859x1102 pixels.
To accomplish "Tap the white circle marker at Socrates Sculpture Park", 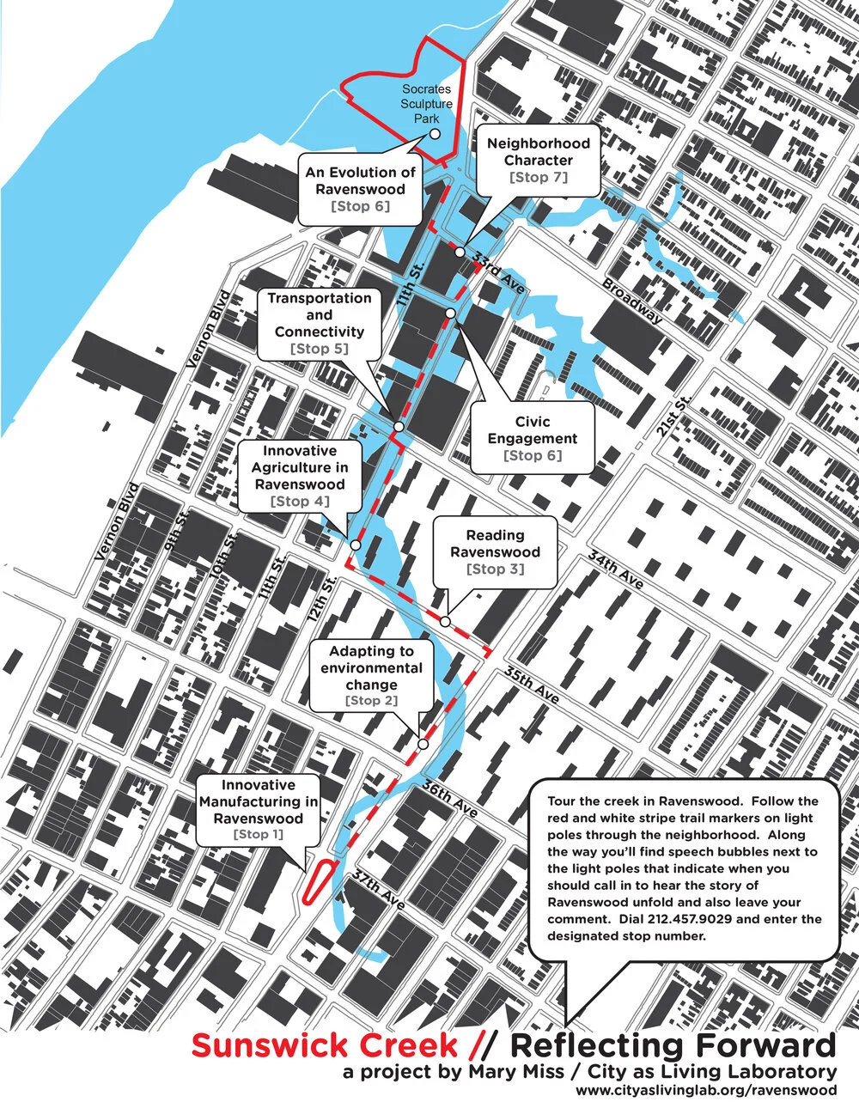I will coord(435,134).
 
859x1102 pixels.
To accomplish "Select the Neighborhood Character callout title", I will coord(539,152).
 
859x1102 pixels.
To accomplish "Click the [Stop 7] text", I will coord(539,177).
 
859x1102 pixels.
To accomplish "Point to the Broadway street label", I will coord(633,300).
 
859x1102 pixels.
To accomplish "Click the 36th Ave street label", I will coord(449,799).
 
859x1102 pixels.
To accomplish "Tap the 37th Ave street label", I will coord(378,890).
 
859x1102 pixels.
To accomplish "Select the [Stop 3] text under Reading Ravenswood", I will coord(495,569).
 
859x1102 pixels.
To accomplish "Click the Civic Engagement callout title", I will coord(533,430).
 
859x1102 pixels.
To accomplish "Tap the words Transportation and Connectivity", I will coord(320,314).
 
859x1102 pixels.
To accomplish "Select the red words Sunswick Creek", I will coord(325,1046).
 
